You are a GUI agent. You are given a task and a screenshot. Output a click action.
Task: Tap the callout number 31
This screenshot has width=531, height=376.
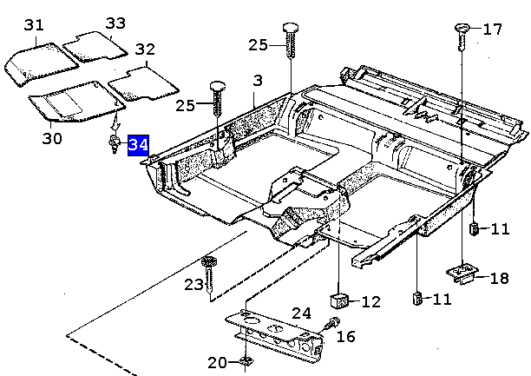[x=34, y=25]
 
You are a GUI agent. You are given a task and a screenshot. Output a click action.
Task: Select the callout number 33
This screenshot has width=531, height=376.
[x=115, y=23]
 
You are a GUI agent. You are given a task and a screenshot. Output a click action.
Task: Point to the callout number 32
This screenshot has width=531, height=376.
[x=145, y=49]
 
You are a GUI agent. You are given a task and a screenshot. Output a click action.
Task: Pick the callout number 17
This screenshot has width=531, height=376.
[x=492, y=30]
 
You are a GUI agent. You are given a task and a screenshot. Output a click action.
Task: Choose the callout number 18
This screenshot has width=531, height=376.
[x=499, y=278]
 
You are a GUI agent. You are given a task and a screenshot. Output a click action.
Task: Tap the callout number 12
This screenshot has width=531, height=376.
[x=370, y=302]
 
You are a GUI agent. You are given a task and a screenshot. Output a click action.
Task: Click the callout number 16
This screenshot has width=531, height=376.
[x=346, y=336]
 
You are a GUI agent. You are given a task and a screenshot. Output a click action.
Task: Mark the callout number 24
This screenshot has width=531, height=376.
[x=300, y=313]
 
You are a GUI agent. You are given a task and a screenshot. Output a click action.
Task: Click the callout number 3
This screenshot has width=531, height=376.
[x=257, y=81]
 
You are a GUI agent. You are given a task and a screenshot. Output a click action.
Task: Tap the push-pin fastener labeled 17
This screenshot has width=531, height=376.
[x=461, y=34]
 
